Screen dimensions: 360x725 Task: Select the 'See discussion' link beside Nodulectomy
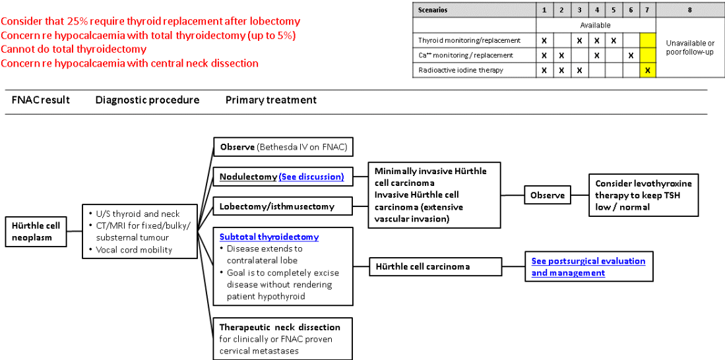(311, 177)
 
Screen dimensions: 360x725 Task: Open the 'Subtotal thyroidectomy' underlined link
(269, 237)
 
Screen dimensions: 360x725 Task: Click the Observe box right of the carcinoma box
(548, 195)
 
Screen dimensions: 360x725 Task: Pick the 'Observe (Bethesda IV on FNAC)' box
(283, 146)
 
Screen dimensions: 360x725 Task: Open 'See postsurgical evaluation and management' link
(588, 267)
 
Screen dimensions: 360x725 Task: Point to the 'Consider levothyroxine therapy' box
(643, 195)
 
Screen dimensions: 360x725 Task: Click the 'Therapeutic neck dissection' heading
(280, 327)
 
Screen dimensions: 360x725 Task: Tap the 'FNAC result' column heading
(41, 100)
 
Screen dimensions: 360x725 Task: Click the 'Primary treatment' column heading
(270, 100)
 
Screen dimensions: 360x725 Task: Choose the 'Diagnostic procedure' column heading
(147, 100)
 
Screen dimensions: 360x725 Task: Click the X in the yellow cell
(647, 71)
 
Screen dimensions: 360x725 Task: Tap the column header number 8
(689, 10)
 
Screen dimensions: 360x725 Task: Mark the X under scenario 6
(631, 55)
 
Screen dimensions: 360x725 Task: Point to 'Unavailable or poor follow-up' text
(689, 47)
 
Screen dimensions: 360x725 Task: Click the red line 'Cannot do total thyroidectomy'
(74, 49)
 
